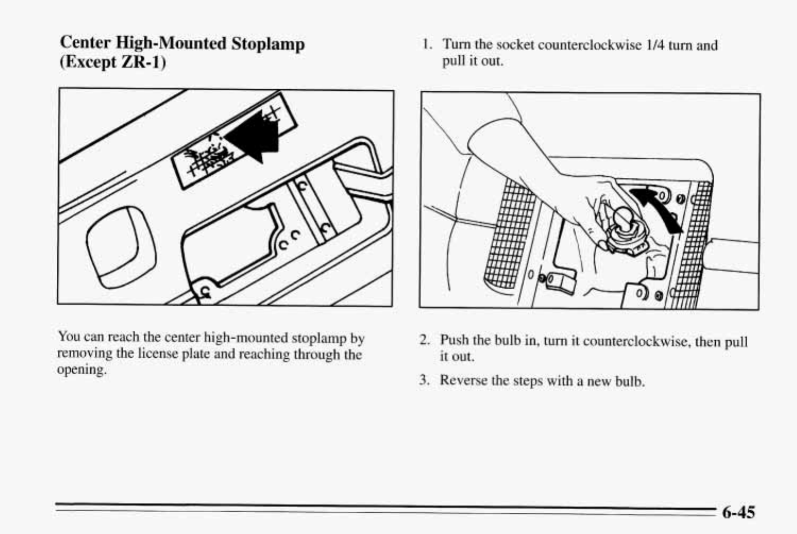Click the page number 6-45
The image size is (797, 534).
(738, 512)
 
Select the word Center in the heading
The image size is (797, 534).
(85, 42)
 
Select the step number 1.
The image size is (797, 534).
(426, 45)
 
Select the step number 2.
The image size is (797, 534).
(424, 340)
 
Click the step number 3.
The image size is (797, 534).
(424, 380)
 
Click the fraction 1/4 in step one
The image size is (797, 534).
(655, 45)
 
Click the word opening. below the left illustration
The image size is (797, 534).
(82, 369)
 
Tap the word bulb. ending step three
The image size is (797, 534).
(630, 381)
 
